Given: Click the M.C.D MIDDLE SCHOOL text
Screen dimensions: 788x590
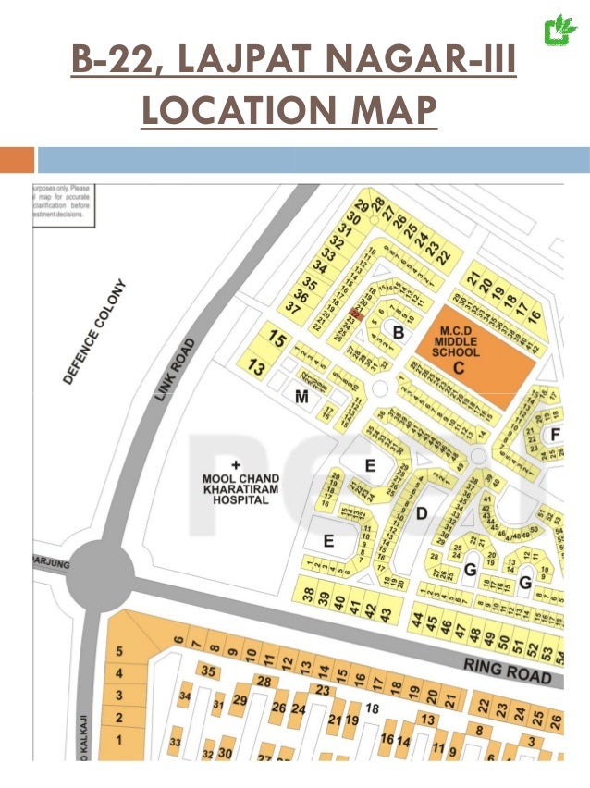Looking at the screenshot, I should point(459,341).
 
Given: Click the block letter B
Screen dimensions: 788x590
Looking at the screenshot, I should point(399,331).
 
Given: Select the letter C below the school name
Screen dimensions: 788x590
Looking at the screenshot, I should point(458,367).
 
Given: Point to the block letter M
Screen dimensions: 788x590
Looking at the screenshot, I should point(301,398).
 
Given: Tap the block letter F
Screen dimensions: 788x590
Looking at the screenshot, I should point(555,433).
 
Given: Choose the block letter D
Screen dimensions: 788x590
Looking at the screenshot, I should point(421,512).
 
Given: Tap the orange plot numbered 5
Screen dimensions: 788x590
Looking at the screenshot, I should point(119,652).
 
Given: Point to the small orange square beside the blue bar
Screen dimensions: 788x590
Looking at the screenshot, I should point(17,161).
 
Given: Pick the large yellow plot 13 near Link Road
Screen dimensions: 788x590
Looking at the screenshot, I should point(258,367).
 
